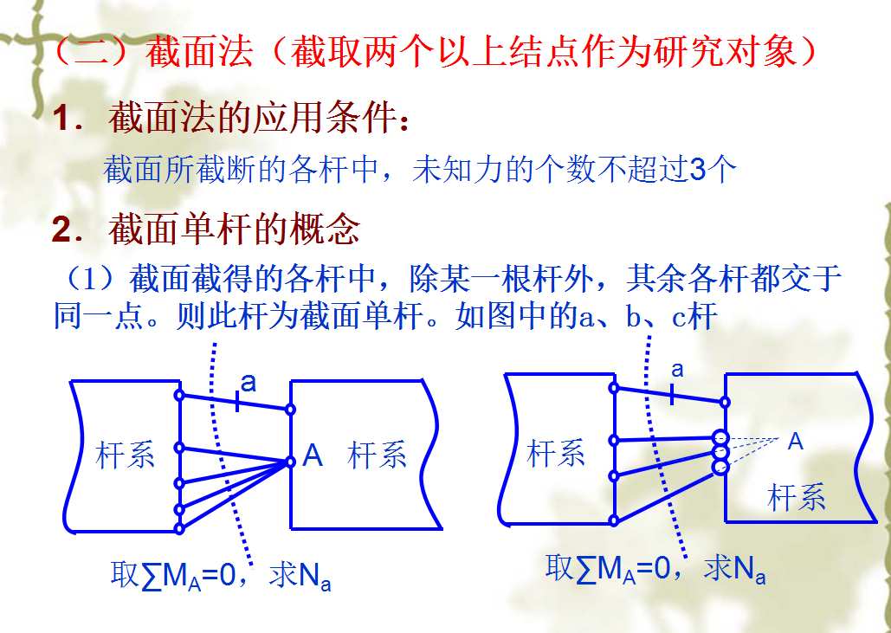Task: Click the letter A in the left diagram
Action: tap(313, 455)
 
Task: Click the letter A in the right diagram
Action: tap(795, 442)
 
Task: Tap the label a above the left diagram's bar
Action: tap(249, 383)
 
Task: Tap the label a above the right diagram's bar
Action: tap(677, 370)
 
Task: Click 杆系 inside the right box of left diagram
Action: tap(378, 455)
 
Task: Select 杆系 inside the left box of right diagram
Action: tap(556, 452)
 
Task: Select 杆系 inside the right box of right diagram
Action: tap(797, 497)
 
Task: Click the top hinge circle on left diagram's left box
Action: tap(179, 396)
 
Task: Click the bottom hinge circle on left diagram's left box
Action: tap(179, 527)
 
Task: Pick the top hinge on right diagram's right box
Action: tap(724, 401)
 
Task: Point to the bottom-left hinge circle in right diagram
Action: tap(613, 520)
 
